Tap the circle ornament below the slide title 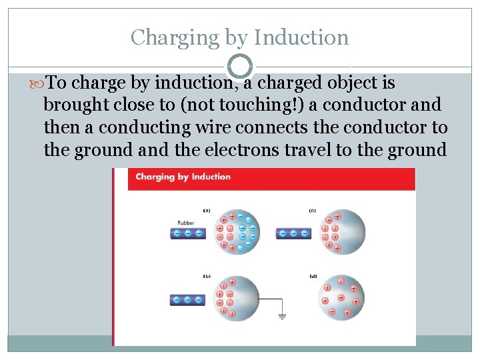point(240,66)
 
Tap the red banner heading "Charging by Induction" point(183,177)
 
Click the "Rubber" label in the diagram point(186,223)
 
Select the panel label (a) point(206,211)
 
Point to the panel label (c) point(312,211)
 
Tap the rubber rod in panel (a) point(188,233)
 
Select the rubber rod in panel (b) point(188,300)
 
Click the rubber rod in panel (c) point(294,233)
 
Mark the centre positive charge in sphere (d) point(341,297)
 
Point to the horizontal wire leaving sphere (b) point(266,299)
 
